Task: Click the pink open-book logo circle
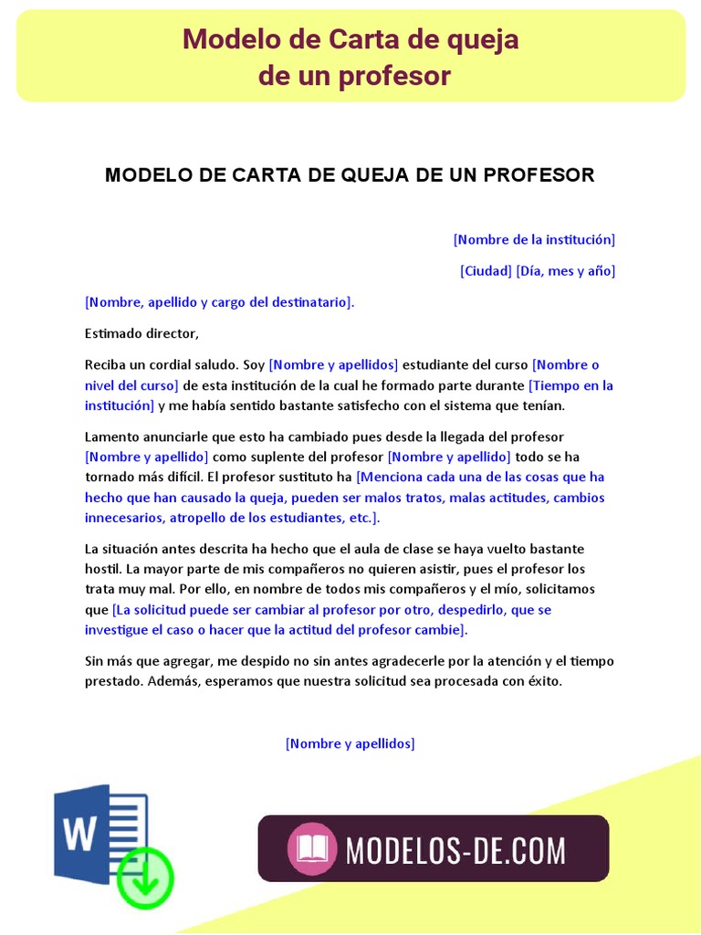tap(312, 848)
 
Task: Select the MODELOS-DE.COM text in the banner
tap(455, 850)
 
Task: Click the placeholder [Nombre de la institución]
tap(534, 239)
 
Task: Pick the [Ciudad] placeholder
tap(486, 270)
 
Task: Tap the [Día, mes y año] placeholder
tap(566, 270)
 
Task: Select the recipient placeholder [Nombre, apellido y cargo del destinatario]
tap(218, 301)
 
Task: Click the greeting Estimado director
tap(141, 333)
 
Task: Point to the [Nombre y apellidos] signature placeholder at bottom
tap(350, 743)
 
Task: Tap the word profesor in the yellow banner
tap(394, 76)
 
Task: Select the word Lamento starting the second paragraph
tap(111, 436)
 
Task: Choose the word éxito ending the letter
tap(539, 681)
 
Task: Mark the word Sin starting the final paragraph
tap(95, 660)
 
